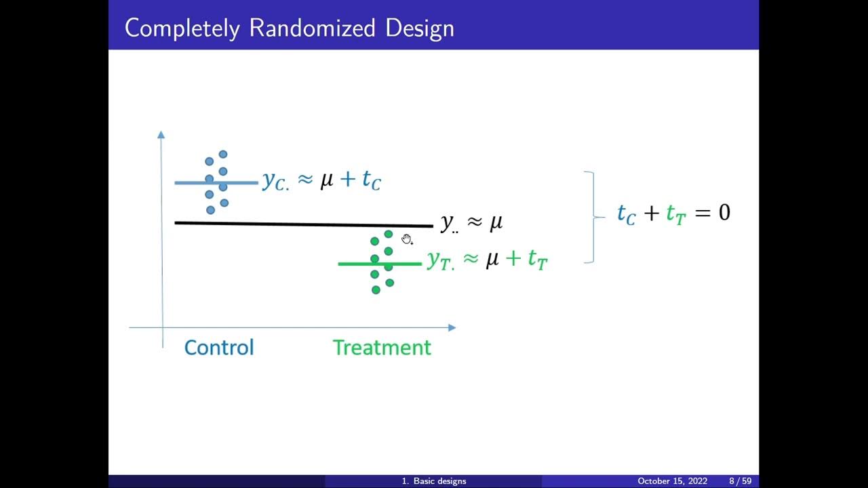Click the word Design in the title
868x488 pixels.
click(420, 28)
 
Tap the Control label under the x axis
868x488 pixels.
click(219, 348)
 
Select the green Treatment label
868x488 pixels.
click(382, 348)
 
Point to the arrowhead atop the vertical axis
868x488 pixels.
click(161, 134)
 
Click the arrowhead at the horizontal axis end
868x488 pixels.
click(452, 327)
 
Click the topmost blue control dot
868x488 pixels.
click(222, 155)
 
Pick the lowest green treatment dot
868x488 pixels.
click(376, 290)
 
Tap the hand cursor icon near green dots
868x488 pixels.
click(406, 239)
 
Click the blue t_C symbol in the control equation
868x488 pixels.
click(371, 180)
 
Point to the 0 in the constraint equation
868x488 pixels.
click(724, 213)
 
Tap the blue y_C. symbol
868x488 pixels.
click(275, 181)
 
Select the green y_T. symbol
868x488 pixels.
click(440, 260)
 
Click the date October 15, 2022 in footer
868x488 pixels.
click(672, 481)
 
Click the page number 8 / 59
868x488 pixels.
click(740, 481)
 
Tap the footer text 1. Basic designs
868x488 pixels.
click(434, 481)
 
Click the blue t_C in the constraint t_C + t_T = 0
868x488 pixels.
click(626, 213)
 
